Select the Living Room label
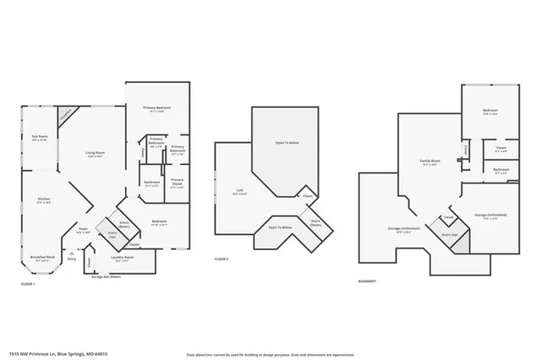[x=94, y=154]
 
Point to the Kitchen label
[x=43, y=199]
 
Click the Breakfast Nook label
[x=43, y=258]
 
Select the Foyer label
[x=84, y=229]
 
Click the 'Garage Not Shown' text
[x=107, y=275]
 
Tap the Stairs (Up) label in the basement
[x=449, y=232]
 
